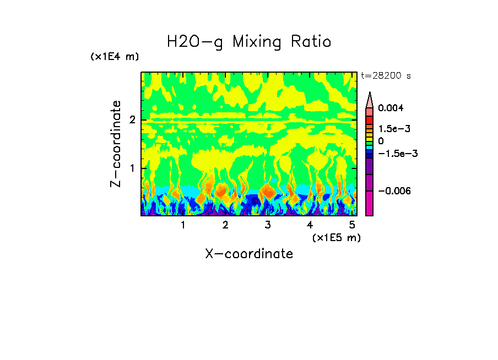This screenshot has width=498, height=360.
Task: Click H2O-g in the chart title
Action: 195,42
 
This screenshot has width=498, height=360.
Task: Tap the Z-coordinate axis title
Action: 116,144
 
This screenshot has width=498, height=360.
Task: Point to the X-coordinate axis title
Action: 249,254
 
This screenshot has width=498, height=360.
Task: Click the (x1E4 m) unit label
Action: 115,57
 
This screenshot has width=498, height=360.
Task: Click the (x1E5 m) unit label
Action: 336,237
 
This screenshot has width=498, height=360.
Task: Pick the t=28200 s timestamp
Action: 386,76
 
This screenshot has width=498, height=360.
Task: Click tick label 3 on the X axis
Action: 268,225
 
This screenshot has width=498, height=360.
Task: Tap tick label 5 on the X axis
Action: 352,225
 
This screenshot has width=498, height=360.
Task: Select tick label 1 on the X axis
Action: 183,225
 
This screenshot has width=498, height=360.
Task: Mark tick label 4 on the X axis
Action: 310,225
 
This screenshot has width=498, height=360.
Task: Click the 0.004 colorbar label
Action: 391,108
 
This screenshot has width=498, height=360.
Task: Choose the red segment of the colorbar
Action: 370,119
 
